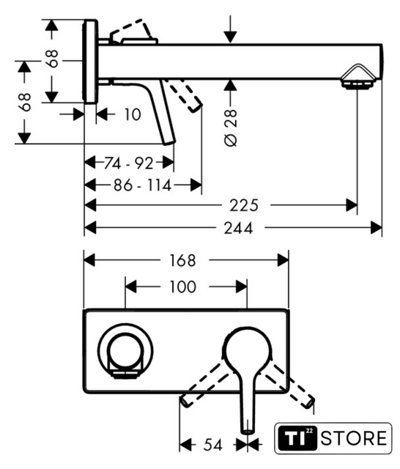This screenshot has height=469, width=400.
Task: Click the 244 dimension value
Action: [239, 228]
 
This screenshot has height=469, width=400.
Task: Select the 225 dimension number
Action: [244, 205]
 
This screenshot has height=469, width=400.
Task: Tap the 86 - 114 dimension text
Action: [143, 185]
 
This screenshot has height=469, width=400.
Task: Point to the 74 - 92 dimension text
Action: [128, 163]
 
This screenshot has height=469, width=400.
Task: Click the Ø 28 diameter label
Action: [231, 128]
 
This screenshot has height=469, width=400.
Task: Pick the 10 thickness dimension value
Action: [132, 114]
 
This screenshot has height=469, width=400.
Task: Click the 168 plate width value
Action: [182, 260]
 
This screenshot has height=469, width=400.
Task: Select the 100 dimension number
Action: [182, 287]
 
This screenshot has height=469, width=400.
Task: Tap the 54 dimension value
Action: [213, 445]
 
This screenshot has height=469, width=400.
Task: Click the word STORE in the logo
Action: [354, 438]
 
